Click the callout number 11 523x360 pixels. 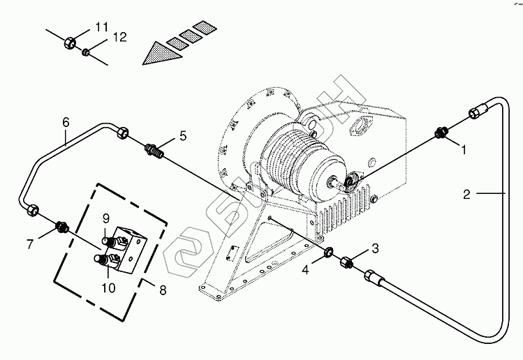click(102, 27)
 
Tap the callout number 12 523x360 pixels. click(119, 37)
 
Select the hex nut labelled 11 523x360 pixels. click(70, 43)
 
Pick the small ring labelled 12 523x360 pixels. click(86, 52)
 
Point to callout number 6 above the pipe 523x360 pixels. click(66, 122)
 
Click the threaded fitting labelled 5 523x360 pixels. click(154, 151)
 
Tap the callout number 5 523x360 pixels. click(183, 135)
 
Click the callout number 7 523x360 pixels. click(30, 244)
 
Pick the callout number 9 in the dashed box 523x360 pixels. click(105, 218)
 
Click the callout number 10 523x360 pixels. click(108, 287)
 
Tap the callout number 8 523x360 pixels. click(163, 290)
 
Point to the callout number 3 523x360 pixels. click(375, 248)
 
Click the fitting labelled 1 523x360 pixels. click(441, 133)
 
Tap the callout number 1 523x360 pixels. click(464, 150)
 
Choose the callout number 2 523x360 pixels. click(466, 194)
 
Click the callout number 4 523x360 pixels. click(306, 270)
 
